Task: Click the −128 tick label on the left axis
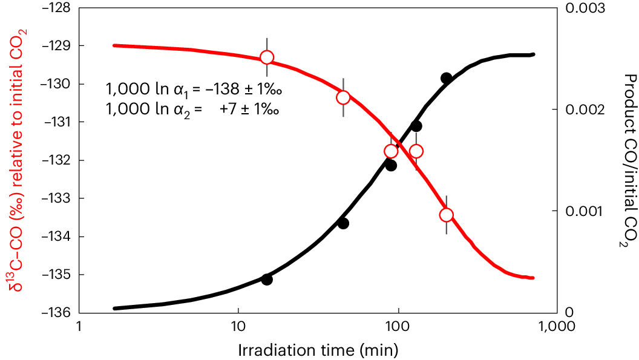pyautogui.click(x=55, y=8)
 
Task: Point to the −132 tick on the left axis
pyautogui.click(x=55, y=160)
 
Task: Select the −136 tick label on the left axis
pyautogui.click(x=55, y=312)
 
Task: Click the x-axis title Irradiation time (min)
pyautogui.click(x=318, y=350)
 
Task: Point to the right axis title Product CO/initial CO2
pyautogui.click(x=629, y=160)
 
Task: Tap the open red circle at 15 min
pyautogui.click(x=267, y=57)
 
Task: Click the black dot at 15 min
pyautogui.click(x=267, y=279)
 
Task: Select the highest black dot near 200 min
pyautogui.click(x=447, y=77)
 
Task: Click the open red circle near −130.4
pyautogui.click(x=343, y=97)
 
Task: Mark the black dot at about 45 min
pyautogui.click(x=343, y=223)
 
